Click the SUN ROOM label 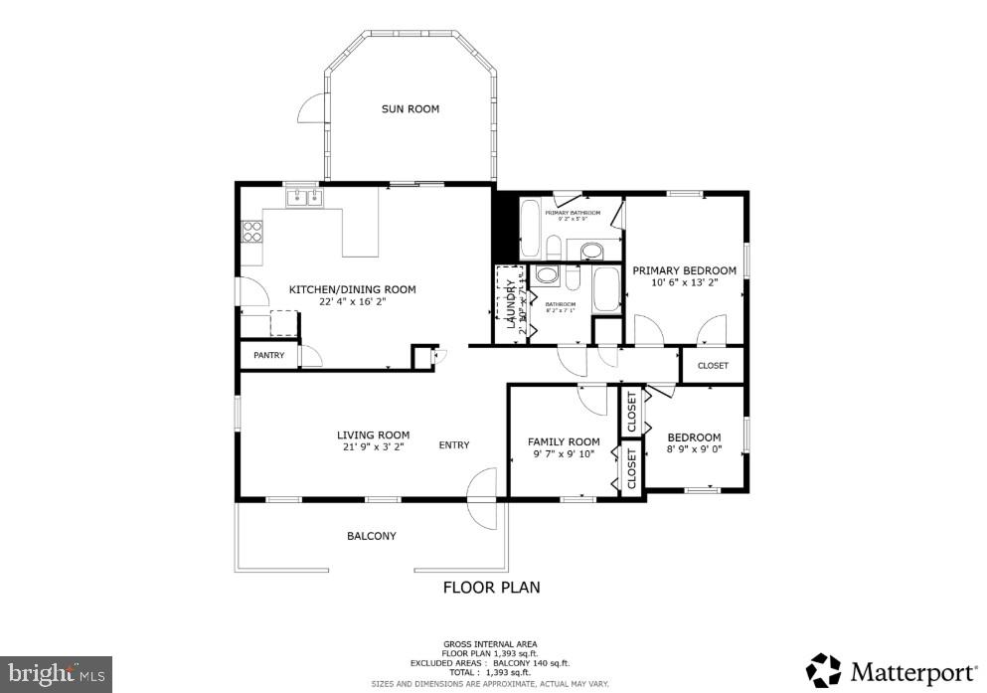pyautogui.click(x=410, y=109)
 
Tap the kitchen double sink pyautogui.click(x=304, y=198)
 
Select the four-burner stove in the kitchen pyautogui.click(x=252, y=232)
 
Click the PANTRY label pyautogui.click(x=268, y=355)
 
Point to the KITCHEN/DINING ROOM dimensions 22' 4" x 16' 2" pyautogui.click(x=352, y=302)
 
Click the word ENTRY pyautogui.click(x=454, y=444)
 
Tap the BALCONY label pyautogui.click(x=371, y=536)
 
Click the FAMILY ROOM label pyautogui.click(x=564, y=442)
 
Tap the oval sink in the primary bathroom pyautogui.click(x=590, y=250)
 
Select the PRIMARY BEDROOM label pyautogui.click(x=684, y=270)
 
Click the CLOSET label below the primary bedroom pyautogui.click(x=712, y=366)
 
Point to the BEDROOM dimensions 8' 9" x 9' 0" pyautogui.click(x=694, y=450)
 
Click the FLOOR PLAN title pyautogui.click(x=491, y=588)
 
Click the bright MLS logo pyautogui.click(x=56, y=673)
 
